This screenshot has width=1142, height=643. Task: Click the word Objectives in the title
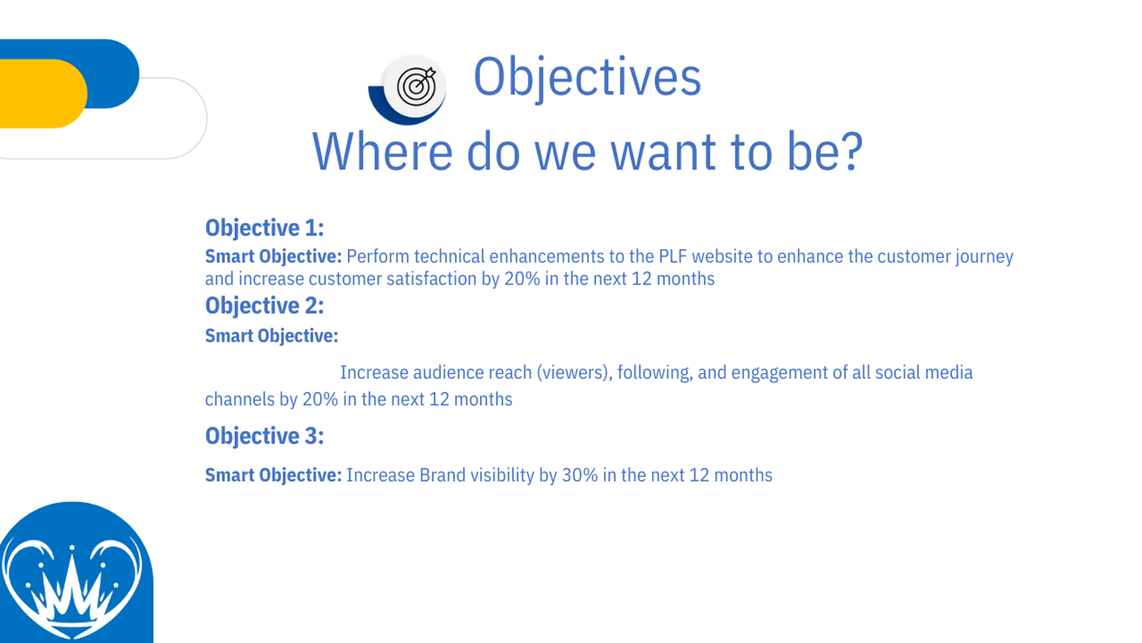pyautogui.click(x=587, y=77)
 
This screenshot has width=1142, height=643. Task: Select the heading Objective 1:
pyautogui.click(x=265, y=228)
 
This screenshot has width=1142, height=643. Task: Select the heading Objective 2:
pyautogui.click(x=265, y=306)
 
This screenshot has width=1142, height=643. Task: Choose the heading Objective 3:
pyautogui.click(x=265, y=436)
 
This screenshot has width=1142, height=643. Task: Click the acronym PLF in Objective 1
pyautogui.click(x=673, y=257)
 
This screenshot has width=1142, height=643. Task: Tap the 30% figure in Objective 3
pyautogui.click(x=580, y=475)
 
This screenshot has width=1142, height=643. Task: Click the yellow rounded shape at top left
pyautogui.click(x=42, y=93)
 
